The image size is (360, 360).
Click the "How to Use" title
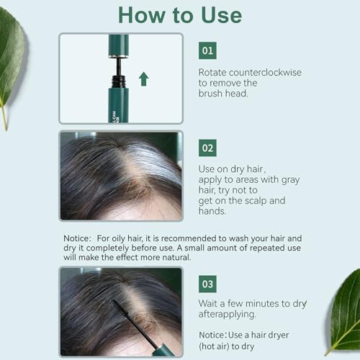pos(179,14)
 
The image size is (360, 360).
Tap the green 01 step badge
pos(207,50)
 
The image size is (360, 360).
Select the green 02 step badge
pos(207,148)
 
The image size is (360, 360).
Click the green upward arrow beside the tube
pos(143,78)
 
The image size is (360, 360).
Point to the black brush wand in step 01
pos(117,66)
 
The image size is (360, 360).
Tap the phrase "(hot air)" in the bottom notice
pos(219,347)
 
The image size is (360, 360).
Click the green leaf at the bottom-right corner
pos(343,317)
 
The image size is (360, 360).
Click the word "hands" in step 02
pos(214,212)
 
